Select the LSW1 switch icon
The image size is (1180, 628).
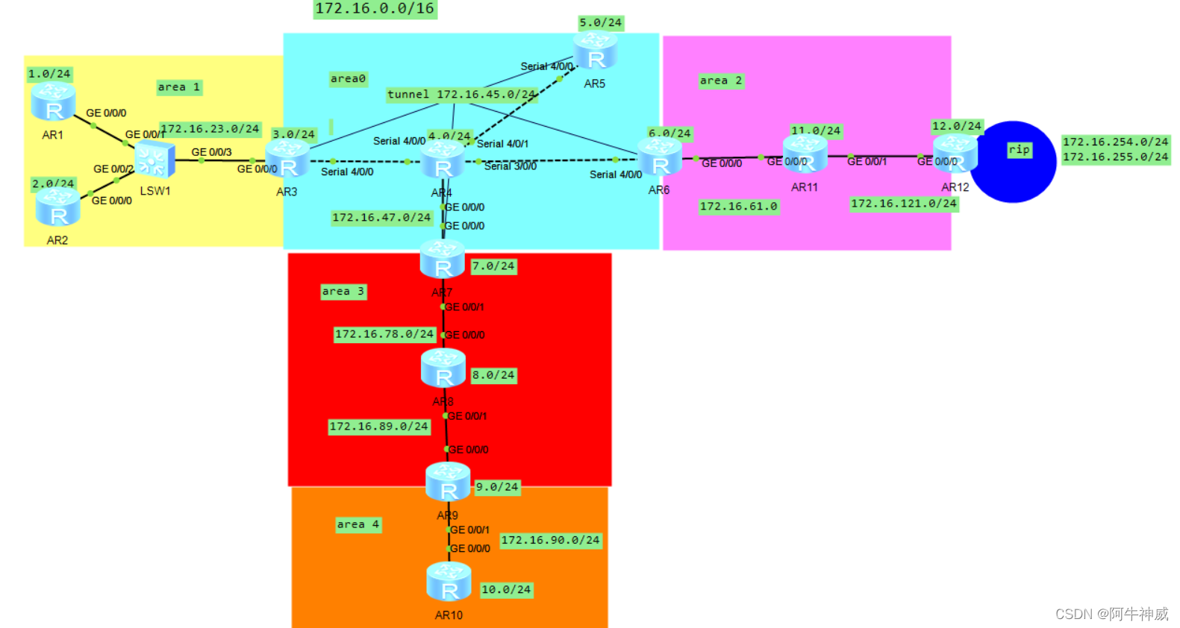154,160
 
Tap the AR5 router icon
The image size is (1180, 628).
595,51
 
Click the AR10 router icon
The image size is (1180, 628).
449,582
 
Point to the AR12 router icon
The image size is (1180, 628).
955,153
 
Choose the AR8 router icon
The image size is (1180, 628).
443,368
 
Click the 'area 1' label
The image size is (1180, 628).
179,87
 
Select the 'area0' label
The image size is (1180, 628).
349,79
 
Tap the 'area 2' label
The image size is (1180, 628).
721,81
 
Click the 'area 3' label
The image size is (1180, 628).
343,292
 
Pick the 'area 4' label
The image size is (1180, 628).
358,525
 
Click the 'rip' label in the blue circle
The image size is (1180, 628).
1019,150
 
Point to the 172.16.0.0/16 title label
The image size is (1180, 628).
375,9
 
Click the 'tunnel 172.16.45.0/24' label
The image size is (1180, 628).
461,95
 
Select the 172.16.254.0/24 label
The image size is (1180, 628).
1115,142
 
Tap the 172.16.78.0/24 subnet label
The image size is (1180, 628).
384,334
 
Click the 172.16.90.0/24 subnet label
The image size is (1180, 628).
550,541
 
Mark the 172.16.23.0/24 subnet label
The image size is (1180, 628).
210,129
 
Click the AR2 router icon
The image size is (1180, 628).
58,207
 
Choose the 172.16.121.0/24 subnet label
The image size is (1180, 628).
903,204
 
